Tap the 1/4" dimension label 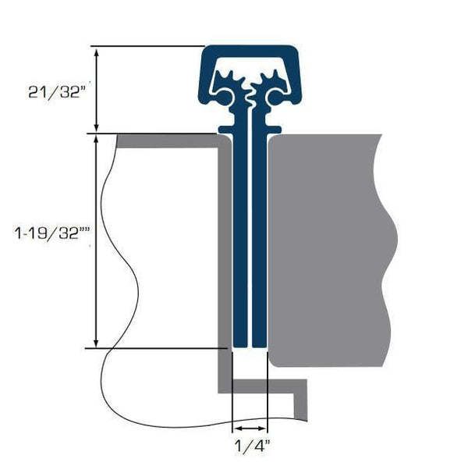250,447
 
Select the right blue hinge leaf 261,234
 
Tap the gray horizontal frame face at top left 168,140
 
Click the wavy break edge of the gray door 390,250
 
